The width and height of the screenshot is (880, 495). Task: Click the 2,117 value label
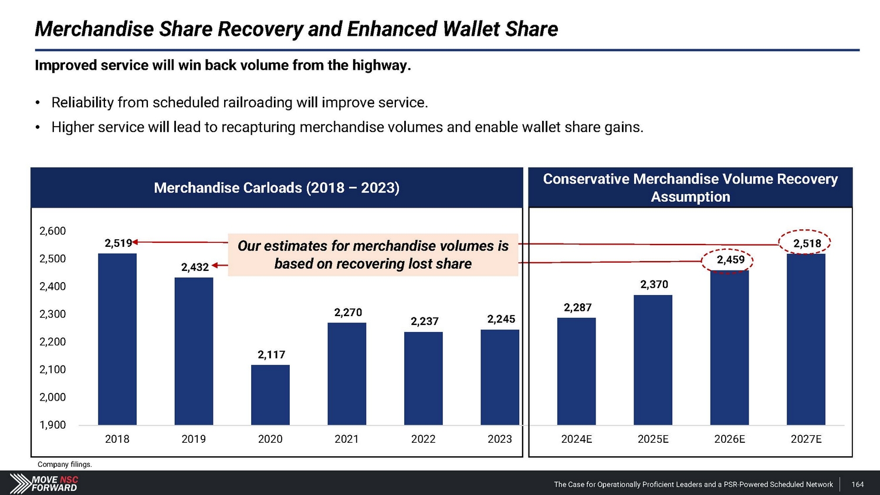(x=271, y=355)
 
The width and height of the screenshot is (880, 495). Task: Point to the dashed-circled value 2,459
(x=730, y=260)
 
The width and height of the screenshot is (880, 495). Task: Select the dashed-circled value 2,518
(x=807, y=243)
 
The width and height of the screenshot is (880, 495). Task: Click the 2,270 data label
(x=348, y=313)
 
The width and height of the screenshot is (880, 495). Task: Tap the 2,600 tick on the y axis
(x=53, y=231)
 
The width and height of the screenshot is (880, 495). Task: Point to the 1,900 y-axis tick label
(x=53, y=425)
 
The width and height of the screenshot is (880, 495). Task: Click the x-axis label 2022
(x=423, y=439)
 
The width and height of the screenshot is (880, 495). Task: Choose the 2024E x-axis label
(x=576, y=439)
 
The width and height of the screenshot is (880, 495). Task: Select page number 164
(x=858, y=484)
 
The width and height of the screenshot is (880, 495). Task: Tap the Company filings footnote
(x=65, y=465)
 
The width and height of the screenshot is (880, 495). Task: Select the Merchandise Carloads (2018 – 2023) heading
(x=276, y=188)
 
